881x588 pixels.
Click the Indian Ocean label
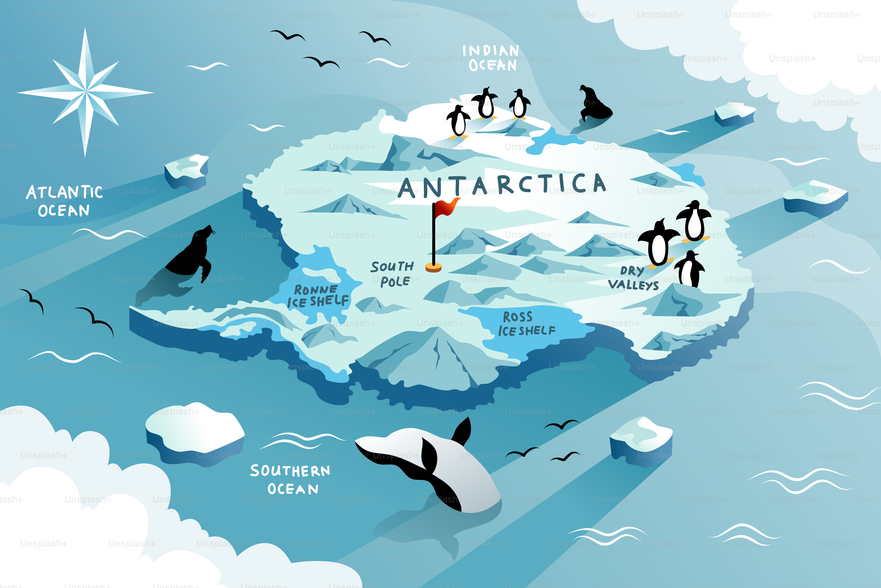tap(491, 58)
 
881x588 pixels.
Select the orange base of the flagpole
tap(433, 268)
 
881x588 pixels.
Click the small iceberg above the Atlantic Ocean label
tap(186, 171)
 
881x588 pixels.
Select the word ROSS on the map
tap(518, 317)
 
